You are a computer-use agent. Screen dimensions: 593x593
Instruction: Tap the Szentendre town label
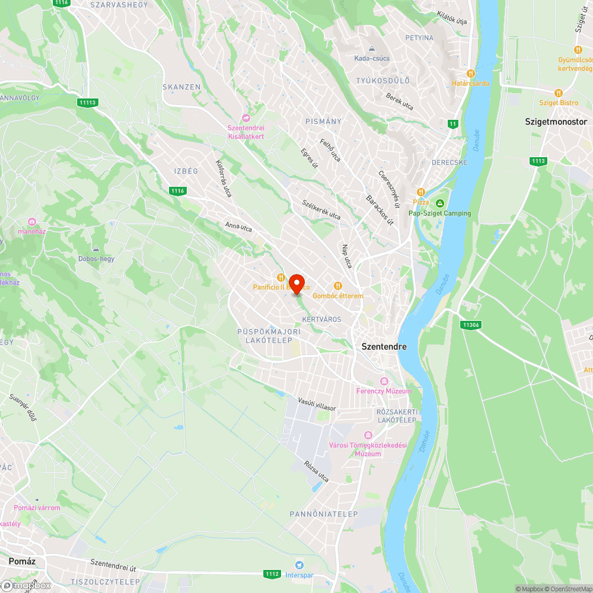pyautogui.click(x=384, y=346)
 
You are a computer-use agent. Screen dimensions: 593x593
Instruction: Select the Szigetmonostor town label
pyautogui.click(x=556, y=122)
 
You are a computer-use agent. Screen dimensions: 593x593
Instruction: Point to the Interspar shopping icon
pyautogui.click(x=299, y=565)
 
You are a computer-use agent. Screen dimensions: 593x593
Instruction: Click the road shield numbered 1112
pyautogui.click(x=272, y=574)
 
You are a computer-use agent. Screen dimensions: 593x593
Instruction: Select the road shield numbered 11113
pyautogui.click(x=87, y=103)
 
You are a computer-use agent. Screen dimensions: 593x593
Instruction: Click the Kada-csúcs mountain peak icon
pyautogui.click(x=372, y=49)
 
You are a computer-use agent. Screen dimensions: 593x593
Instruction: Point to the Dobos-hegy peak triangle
pyautogui.click(x=96, y=248)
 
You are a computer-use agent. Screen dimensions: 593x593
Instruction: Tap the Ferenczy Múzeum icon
pyautogui.click(x=384, y=381)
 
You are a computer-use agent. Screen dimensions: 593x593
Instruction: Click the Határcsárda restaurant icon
pyautogui.click(x=471, y=74)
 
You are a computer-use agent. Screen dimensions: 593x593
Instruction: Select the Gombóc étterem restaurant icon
pyautogui.click(x=338, y=286)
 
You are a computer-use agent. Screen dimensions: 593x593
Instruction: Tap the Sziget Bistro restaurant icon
pyautogui.click(x=558, y=93)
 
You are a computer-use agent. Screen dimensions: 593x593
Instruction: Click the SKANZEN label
pyautogui.click(x=181, y=87)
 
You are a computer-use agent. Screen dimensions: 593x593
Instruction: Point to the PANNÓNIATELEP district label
pyautogui.click(x=324, y=514)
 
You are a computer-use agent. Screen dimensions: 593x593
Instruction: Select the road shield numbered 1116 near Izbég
pyautogui.click(x=177, y=191)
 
